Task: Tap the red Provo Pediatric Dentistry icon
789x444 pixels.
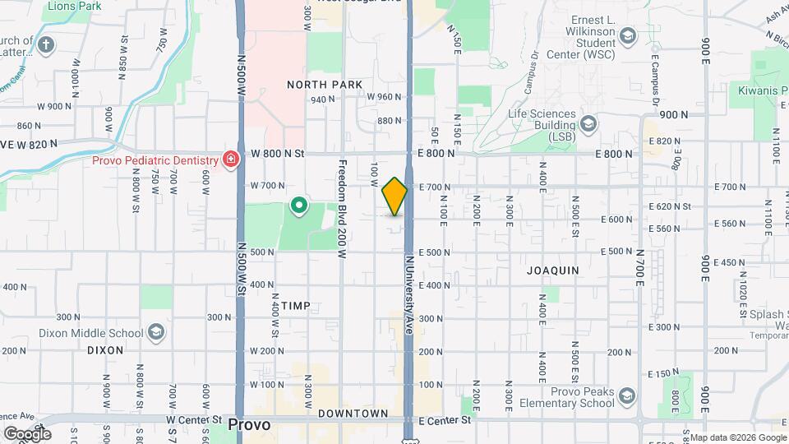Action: tap(231, 159)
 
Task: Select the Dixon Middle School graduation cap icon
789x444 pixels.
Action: tap(155, 332)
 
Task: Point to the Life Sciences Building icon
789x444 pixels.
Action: tap(588, 124)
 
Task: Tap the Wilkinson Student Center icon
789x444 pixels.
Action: tap(628, 37)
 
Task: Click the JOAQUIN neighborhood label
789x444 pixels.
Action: tap(553, 270)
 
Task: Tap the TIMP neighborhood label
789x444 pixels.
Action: tap(296, 306)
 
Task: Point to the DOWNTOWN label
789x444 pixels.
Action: tap(353, 413)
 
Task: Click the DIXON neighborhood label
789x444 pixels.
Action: tap(105, 349)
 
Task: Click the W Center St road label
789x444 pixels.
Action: tap(194, 419)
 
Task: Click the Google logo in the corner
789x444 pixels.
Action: tap(27, 433)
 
